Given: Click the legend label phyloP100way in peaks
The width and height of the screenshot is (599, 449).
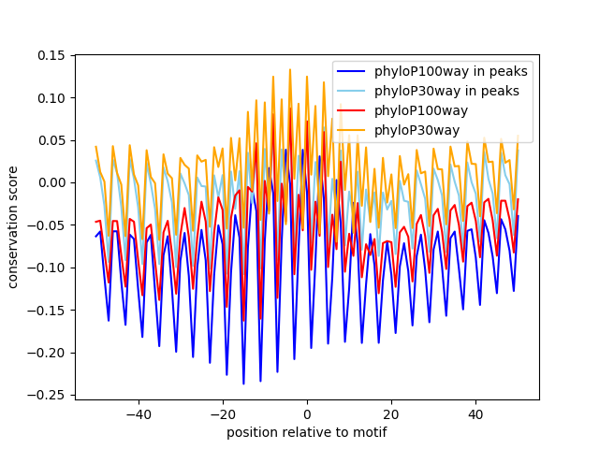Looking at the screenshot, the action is tap(451, 71).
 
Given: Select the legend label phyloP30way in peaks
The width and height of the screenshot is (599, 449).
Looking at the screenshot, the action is tap(446, 91).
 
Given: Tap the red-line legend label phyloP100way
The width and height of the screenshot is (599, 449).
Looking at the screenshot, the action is tap(421, 110).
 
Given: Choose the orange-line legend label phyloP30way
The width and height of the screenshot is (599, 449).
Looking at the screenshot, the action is tap(416, 130).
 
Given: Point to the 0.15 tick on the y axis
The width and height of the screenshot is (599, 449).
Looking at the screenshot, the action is tap(51, 56).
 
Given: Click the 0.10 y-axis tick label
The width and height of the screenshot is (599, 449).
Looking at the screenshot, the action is tap(51, 98).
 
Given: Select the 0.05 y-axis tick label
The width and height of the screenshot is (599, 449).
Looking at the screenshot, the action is tap(51, 140).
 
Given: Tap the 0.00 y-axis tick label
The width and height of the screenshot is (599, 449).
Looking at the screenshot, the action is tap(51, 183).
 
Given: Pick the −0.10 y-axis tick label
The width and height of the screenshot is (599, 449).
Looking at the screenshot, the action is tap(46, 268).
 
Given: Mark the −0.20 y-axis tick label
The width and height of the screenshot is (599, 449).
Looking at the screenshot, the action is tap(46, 353).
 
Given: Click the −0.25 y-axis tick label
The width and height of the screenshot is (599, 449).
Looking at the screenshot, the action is tap(46, 395).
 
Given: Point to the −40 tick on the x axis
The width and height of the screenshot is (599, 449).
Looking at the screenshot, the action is tap(139, 414).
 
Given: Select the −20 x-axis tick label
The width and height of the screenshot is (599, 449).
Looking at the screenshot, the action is tap(223, 414).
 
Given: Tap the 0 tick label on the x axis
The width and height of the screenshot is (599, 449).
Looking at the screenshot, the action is tap(307, 414).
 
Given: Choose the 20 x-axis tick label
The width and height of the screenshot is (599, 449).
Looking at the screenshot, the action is tap(391, 414).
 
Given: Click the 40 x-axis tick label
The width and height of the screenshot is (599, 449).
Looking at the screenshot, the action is tap(476, 414).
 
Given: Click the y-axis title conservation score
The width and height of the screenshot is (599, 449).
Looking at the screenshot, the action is tap(12, 227).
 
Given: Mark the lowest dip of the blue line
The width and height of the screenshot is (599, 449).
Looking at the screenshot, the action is tap(243, 384).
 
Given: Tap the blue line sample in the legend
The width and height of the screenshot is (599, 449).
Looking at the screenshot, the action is tap(351, 71).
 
